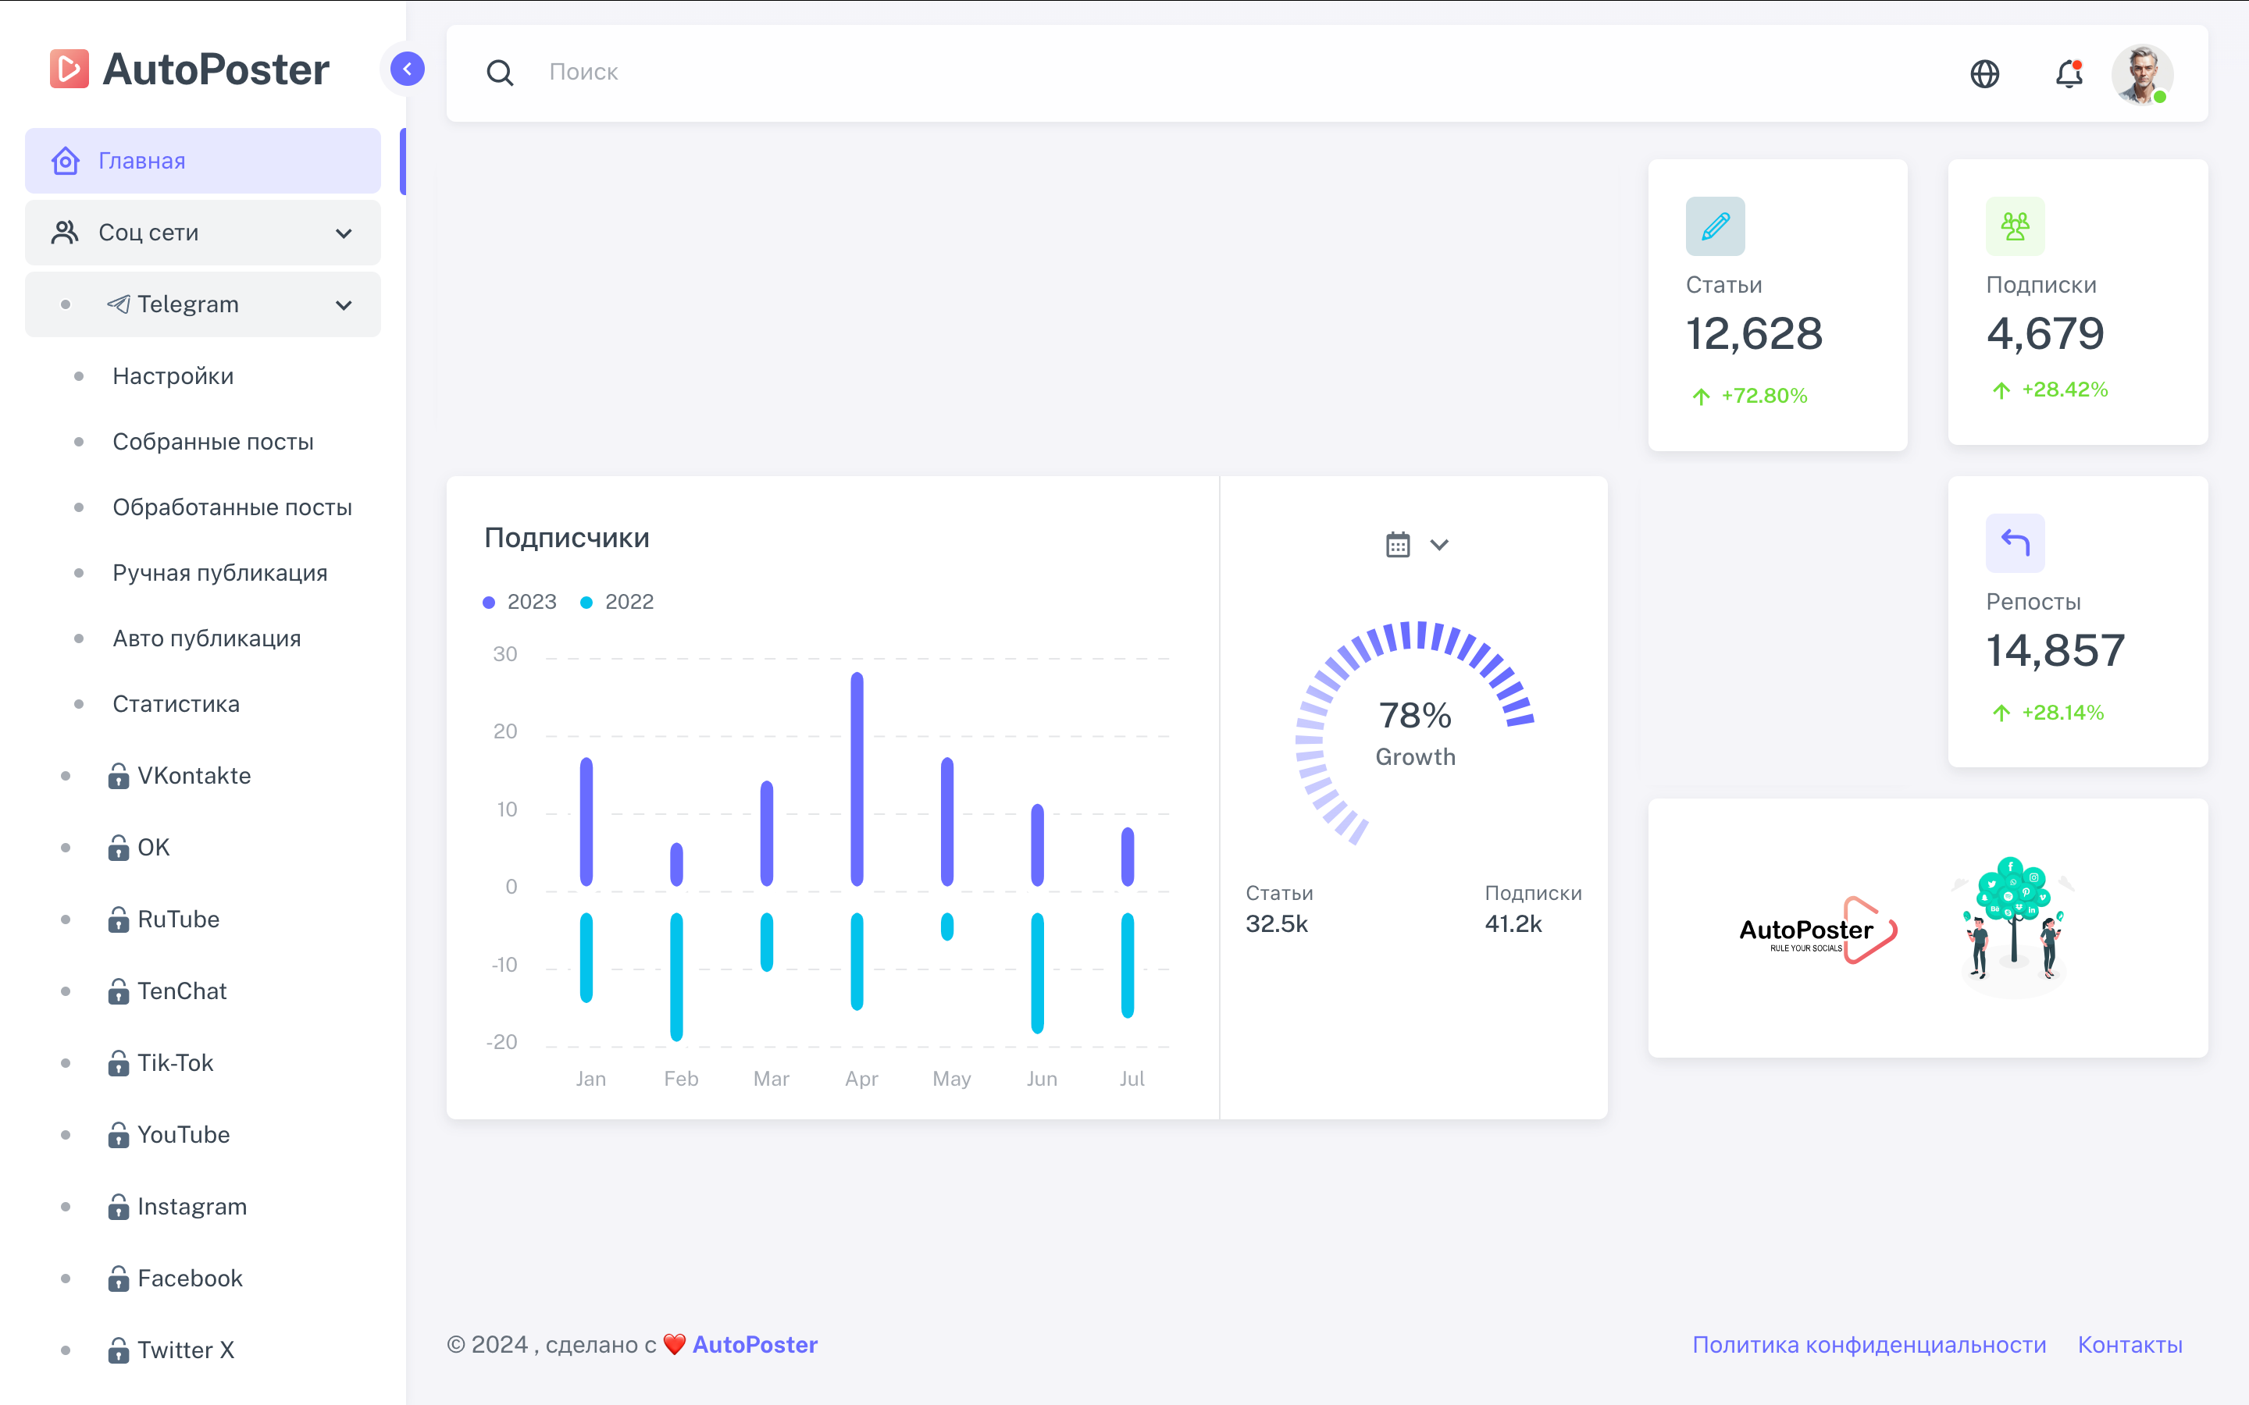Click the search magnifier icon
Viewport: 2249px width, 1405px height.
click(500, 73)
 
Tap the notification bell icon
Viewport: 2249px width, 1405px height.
click(2069, 73)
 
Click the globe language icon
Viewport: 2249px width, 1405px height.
click(1984, 73)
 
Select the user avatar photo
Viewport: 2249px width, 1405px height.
click(2141, 73)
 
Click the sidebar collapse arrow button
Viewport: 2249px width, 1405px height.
click(407, 69)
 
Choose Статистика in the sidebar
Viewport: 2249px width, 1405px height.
click(176, 704)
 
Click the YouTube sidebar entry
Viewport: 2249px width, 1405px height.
click(183, 1135)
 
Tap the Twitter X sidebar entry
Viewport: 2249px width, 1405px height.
click(185, 1350)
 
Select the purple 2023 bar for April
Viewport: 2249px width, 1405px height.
click(857, 779)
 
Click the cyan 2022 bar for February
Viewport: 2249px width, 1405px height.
click(676, 976)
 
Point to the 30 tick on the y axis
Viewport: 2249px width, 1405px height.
click(504, 654)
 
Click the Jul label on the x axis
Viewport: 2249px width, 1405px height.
click(1131, 1079)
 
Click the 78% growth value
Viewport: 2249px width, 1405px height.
click(1414, 716)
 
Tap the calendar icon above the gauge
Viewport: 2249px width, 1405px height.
click(1398, 545)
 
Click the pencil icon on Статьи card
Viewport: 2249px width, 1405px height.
click(1715, 226)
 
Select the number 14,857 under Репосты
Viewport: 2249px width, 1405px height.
click(2055, 650)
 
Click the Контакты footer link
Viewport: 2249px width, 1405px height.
click(2129, 1345)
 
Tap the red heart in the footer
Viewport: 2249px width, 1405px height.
click(675, 1345)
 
